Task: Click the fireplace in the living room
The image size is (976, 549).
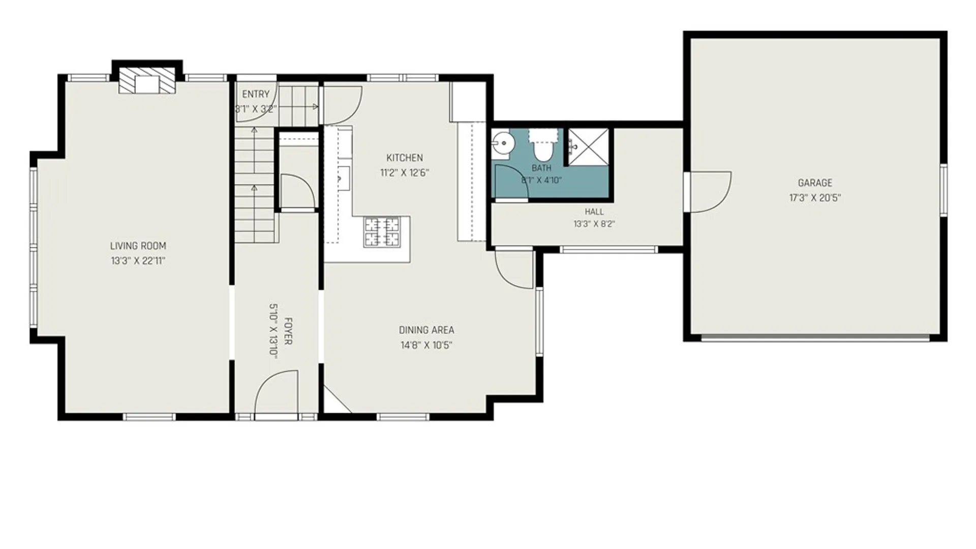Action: (147, 80)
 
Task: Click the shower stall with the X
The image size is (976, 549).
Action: (588, 147)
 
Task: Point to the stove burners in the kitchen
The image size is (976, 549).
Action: (382, 232)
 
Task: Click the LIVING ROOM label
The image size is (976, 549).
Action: (138, 246)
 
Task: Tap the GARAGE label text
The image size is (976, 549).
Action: (815, 183)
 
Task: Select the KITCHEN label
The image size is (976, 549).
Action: (405, 158)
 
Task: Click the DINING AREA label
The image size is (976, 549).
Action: (426, 330)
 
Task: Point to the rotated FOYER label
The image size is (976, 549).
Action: (288, 331)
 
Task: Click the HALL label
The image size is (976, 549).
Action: (594, 211)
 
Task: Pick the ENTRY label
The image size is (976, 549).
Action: (256, 94)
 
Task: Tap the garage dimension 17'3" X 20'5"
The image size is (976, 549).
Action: (815, 198)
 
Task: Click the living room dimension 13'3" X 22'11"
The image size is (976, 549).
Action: (138, 261)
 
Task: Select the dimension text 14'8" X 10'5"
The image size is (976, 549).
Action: (426, 345)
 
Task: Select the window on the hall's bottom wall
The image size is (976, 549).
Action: (608, 250)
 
